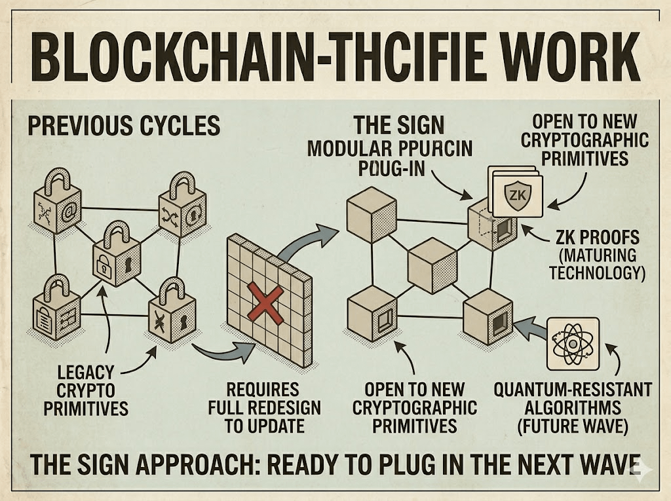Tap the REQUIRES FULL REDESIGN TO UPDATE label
265,407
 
